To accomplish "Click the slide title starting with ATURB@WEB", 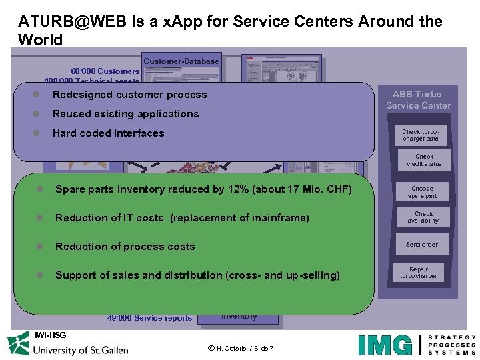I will click(230, 30).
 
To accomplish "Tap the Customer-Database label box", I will click(181, 61).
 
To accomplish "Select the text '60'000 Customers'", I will click(105, 71).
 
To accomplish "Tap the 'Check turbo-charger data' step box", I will click(421, 135).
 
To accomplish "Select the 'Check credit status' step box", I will click(424, 161).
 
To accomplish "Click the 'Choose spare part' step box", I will click(422, 193).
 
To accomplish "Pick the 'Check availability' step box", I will click(423, 218).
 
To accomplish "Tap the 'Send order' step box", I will click(422, 245).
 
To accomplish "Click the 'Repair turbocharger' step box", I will click(419, 273).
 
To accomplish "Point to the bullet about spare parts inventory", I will click(203, 189).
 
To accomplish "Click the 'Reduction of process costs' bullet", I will click(125, 247).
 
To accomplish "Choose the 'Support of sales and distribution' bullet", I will click(197, 275).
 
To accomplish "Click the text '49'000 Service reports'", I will click(149, 319).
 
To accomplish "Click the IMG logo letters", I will click(385, 345).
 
